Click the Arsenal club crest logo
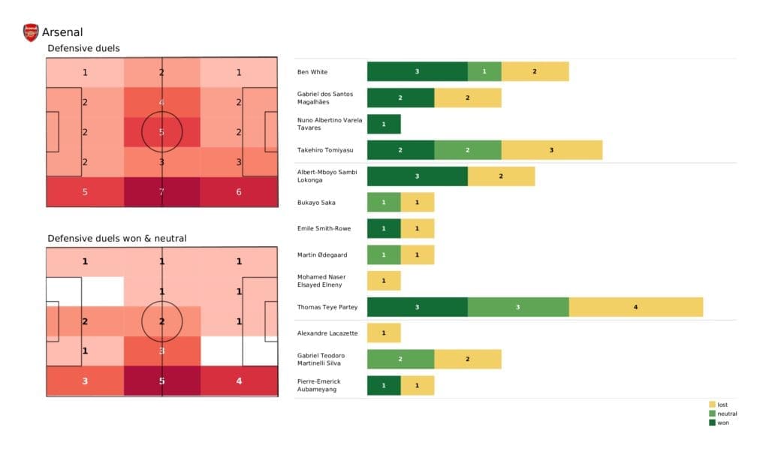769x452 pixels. (31, 32)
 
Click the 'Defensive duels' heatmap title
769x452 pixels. (83, 49)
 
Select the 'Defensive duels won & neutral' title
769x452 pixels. (117, 239)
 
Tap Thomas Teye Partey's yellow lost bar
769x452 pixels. (635, 307)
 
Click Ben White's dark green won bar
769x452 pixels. (417, 71)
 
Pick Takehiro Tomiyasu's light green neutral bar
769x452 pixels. (467, 150)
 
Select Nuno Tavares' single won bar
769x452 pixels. (384, 124)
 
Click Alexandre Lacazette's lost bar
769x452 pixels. (384, 333)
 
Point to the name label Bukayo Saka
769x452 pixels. (316, 203)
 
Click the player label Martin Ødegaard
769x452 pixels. (321, 255)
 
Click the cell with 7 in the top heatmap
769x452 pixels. (161, 192)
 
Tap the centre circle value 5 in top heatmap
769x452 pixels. (161, 132)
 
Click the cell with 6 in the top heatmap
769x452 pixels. (238, 192)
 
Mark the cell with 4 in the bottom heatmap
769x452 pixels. (238, 381)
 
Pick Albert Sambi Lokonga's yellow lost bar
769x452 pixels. (501, 176)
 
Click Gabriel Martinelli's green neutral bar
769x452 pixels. (400, 360)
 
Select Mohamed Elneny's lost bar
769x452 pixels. (384, 281)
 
